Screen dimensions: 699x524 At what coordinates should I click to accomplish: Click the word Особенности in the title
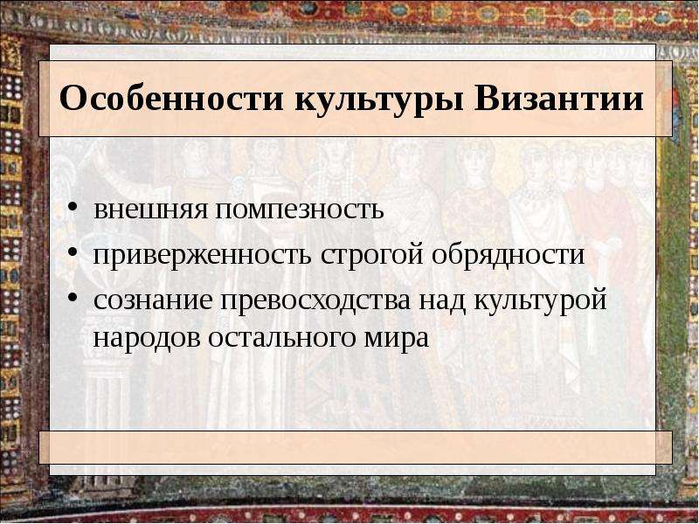coord(171,98)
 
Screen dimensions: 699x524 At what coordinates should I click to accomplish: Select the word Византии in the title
coord(559,98)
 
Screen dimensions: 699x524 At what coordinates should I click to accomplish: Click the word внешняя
coord(150,210)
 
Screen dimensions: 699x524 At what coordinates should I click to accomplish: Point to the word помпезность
coord(300,210)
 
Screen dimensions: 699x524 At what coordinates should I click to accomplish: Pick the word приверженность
coord(202,256)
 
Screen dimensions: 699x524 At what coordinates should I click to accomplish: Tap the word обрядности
coord(509,256)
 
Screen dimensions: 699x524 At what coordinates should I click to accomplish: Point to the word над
coord(442,300)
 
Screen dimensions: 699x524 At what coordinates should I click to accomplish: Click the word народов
coord(146,339)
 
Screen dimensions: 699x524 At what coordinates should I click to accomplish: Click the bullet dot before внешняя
coord(73,209)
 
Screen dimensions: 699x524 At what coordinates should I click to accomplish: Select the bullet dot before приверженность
coord(73,253)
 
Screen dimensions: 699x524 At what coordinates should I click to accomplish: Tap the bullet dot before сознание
coord(73,299)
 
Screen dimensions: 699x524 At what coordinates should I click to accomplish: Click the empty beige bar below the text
coord(356,447)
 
